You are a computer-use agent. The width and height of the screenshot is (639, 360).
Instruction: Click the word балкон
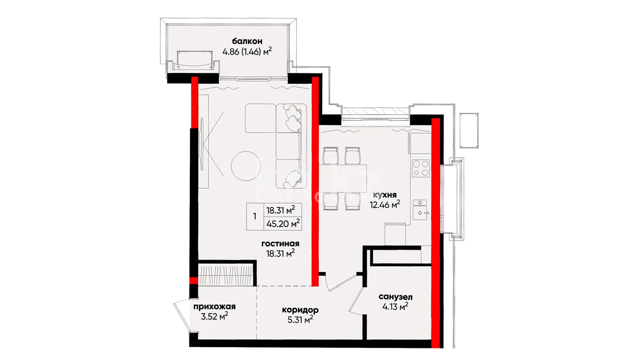pyautogui.click(x=247, y=41)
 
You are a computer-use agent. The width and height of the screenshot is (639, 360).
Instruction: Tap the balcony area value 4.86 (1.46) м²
pyautogui.click(x=247, y=51)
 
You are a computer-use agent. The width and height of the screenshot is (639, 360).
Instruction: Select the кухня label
pyautogui.click(x=385, y=195)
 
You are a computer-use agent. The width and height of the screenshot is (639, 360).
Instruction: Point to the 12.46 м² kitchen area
pyautogui.click(x=385, y=204)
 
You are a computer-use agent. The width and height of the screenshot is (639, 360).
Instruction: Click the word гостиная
pyautogui.click(x=280, y=244)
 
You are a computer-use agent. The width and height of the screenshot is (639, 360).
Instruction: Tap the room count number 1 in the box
pyautogui.click(x=255, y=216)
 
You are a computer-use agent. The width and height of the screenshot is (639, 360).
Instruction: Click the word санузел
pyautogui.click(x=395, y=297)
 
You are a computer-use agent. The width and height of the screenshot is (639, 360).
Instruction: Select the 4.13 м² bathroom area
pyautogui.click(x=395, y=307)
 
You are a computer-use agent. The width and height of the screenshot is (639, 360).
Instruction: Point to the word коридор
pyautogui.click(x=300, y=310)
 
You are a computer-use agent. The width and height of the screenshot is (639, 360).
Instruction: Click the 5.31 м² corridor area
pyautogui.click(x=300, y=319)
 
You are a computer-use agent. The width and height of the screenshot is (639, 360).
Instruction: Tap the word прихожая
pyautogui.click(x=215, y=307)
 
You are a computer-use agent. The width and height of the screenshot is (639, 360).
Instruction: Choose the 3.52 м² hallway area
pyautogui.click(x=215, y=316)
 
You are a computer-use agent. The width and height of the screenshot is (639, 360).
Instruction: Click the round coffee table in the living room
pyautogui.click(x=246, y=166)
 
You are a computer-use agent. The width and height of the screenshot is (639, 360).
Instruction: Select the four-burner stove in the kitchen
pyautogui.click(x=421, y=168)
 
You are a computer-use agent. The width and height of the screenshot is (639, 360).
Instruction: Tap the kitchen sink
pyautogui.click(x=420, y=210)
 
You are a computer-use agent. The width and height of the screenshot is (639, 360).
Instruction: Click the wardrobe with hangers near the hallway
pyautogui.click(x=226, y=275)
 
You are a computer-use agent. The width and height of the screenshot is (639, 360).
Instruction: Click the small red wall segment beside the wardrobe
pyautogui.click(x=194, y=280)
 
